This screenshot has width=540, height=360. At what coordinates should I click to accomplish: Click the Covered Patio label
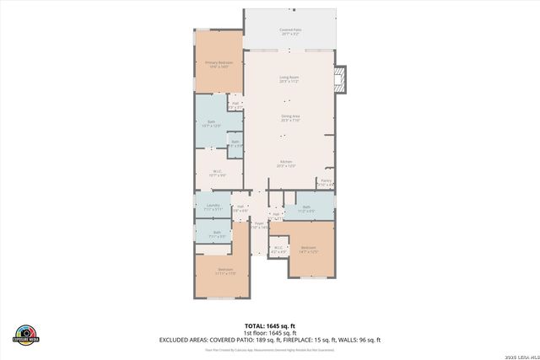pos(290,31)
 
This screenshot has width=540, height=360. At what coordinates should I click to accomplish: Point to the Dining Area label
pos(290,118)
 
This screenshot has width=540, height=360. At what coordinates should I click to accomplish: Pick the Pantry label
pos(326,181)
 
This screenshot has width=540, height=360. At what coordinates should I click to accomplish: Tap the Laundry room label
pos(213,207)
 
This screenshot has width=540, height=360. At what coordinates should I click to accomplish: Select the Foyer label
pos(259,224)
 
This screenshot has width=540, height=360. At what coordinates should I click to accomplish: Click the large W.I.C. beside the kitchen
pos(217,173)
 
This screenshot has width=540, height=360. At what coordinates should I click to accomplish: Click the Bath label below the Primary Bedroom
pos(211,124)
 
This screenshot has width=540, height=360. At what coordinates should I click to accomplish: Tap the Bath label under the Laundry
pos(217,234)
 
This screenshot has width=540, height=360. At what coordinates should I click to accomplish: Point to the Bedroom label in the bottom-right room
pos(309,250)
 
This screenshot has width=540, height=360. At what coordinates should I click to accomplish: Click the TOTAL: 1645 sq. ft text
pos(270,325)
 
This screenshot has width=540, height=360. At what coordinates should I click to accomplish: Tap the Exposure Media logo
pos(25,334)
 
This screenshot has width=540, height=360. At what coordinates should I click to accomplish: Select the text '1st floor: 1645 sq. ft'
pos(270,332)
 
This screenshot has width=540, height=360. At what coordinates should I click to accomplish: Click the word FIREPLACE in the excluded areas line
pos(301,339)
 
